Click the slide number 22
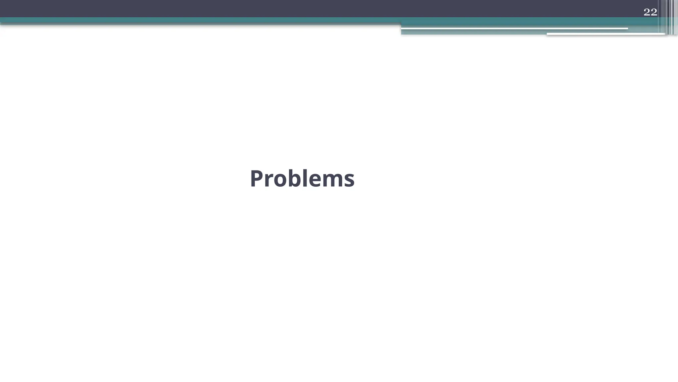click(x=650, y=12)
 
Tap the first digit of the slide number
click(x=647, y=12)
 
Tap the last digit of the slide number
click(x=654, y=12)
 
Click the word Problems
click(x=302, y=179)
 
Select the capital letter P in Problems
click(x=257, y=179)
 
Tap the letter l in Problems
click(x=306, y=178)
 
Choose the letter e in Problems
click(x=316, y=181)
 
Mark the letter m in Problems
click(x=333, y=181)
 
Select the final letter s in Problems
click(x=349, y=181)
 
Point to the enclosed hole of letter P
click(x=259, y=175)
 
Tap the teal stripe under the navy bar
click(x=199, y=20)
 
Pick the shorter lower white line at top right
click(x=606, y=34)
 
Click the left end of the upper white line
click(x=403, y=29)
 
